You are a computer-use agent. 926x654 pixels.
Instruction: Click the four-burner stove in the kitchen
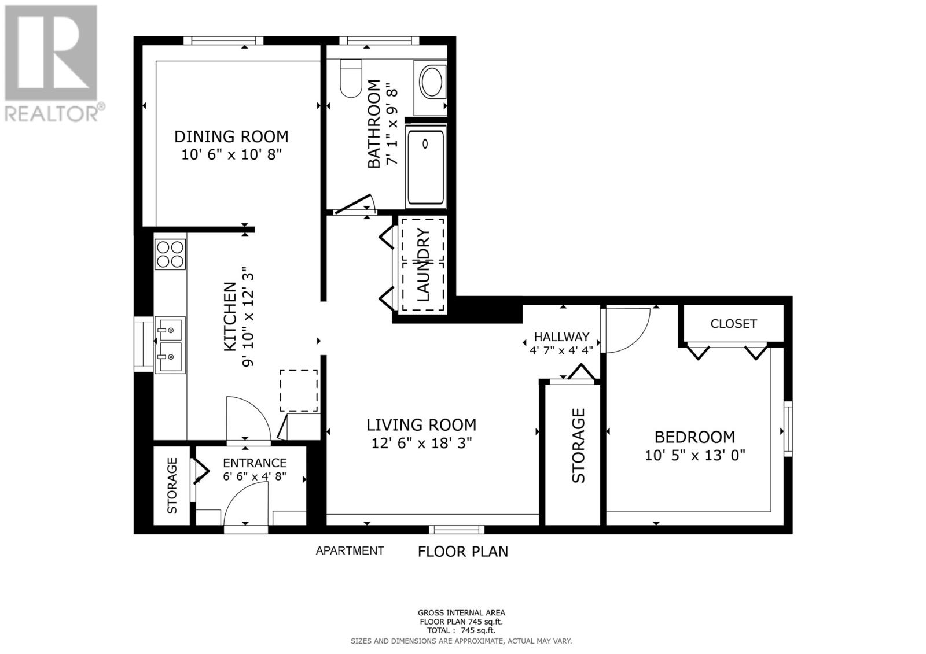coord(170,254)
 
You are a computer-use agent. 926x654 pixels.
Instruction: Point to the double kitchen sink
coord(170,345)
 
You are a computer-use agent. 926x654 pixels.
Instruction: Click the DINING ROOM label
coord(231,136)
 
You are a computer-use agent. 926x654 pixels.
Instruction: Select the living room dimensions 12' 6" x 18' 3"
coord(421,444)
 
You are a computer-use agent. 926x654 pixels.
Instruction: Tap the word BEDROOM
coord(694,437)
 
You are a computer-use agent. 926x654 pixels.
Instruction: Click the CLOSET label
coord(733,324)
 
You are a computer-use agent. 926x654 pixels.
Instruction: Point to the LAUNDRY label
coord(423,265)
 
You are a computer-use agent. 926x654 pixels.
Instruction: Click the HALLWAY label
coord(561,337)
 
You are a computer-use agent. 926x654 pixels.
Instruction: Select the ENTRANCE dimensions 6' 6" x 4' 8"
coord(255,477)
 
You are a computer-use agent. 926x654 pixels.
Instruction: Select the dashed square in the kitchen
coord(299,390)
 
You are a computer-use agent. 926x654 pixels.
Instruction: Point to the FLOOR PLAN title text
coord(462,552)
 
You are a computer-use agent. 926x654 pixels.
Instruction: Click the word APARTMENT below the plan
coord(350,551)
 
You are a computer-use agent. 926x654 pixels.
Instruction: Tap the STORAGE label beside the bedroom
coord(578,445)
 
